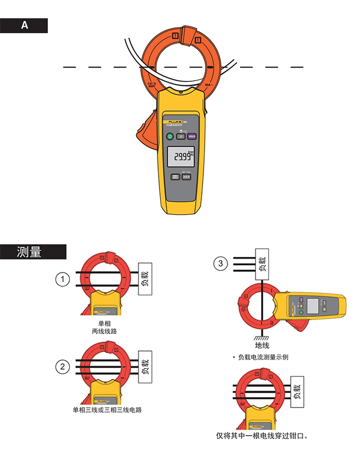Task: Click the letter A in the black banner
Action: (24, 25)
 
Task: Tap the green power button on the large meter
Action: (169, 136)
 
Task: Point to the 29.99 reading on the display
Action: (181, 157)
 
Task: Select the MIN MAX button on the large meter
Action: (175, 177)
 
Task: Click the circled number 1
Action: (62, 279)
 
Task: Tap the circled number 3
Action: (220, 263)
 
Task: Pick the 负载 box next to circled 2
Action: (145, 366)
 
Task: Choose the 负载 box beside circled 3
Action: (262, 264)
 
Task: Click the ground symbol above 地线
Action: (262, 338)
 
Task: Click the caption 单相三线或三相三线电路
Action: (107, 410)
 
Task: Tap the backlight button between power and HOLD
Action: (180, 136)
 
